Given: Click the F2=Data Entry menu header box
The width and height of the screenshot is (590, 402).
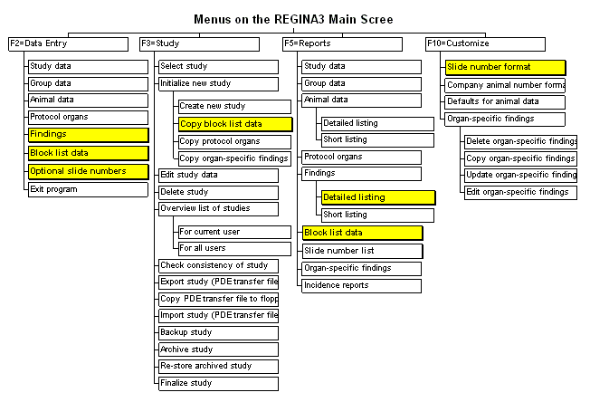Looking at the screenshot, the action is (x=68, y=44).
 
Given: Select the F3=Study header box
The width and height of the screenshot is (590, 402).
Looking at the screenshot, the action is (x=199, y=44).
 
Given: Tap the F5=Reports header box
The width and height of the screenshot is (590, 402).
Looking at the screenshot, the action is (x=342, y=44).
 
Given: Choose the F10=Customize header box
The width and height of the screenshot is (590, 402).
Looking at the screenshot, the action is (x=485, y=44).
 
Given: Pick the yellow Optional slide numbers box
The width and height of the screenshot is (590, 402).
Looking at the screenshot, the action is (x=89, y=172).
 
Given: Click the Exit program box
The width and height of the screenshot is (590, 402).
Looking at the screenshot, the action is (x=88, y=190).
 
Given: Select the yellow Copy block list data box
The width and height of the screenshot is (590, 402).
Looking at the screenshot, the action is (x=235, y=125).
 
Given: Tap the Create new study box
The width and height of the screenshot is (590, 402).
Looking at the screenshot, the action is (x=234, y=107).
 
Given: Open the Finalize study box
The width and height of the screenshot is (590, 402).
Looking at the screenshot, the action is (x=219, y=384).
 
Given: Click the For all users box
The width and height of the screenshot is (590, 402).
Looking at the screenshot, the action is (x=234, y=249).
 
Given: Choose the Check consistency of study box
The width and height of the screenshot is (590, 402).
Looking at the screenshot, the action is (x=219, y=266).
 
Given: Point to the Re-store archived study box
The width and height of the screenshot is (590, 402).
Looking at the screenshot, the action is (x=219, y=367).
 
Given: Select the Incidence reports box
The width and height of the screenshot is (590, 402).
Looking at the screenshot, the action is (x=362, y=286).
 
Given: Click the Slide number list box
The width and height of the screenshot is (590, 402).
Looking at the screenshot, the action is (x=362, y=252).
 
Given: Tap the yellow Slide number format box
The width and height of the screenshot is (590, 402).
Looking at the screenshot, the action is (x=505, y=68).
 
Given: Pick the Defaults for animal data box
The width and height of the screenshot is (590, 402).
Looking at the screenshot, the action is (x=505, y=102).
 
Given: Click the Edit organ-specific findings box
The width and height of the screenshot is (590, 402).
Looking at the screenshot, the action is (x=520, y=193).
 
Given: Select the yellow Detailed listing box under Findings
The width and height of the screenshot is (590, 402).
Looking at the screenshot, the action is (x=378, y=198).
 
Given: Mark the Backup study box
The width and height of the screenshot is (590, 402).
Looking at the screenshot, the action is (x=219, y=333).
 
